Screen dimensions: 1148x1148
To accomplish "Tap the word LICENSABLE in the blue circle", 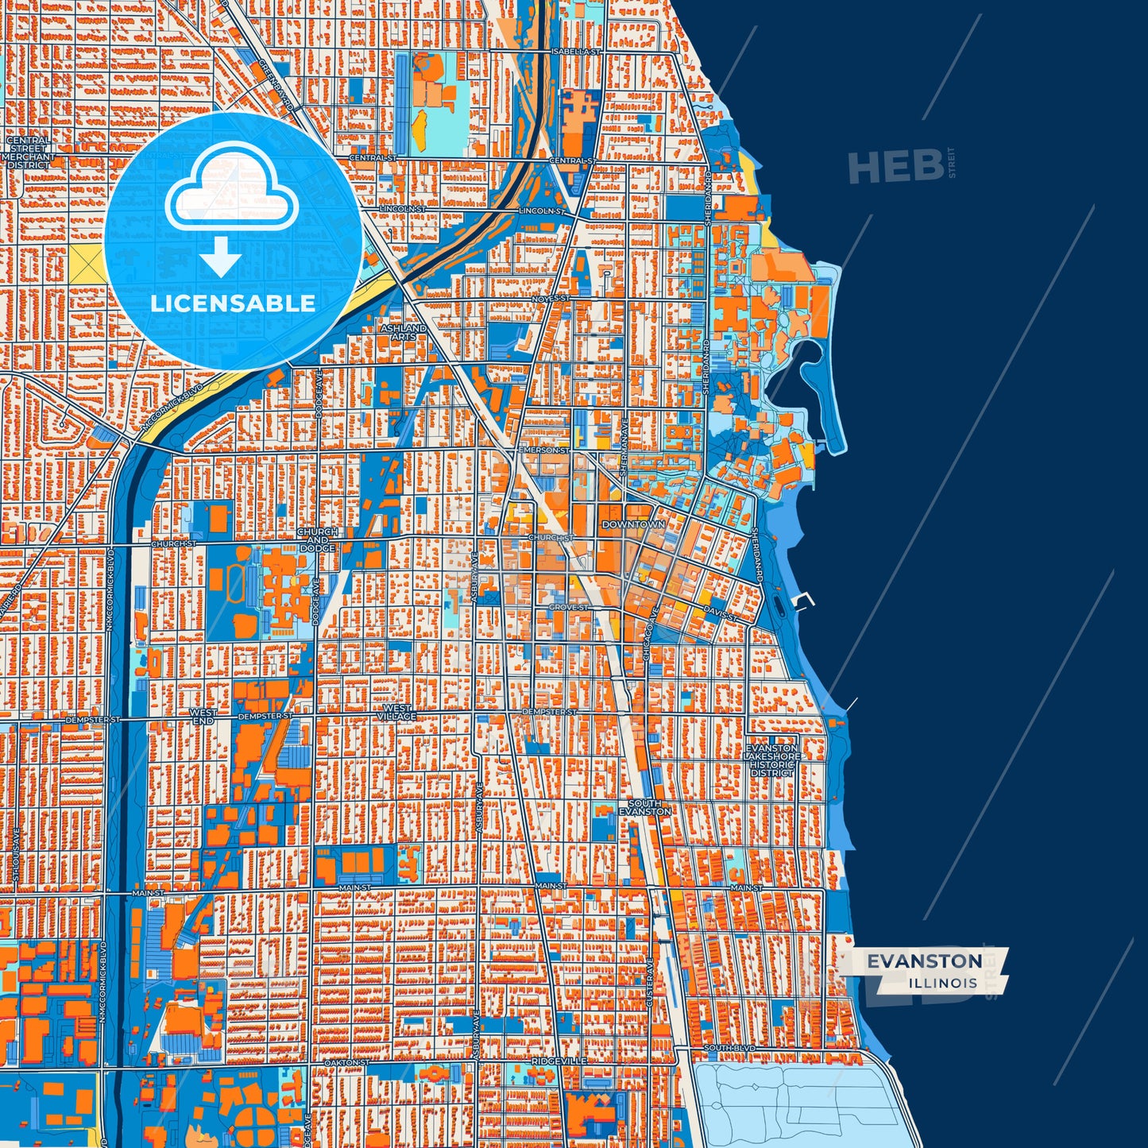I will [x=233, y=303].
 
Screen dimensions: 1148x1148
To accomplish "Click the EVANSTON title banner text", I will [x=924, y=961].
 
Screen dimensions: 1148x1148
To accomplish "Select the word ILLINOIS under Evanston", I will [x=943, y=984].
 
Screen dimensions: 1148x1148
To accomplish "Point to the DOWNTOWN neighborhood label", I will [x=633, y=524].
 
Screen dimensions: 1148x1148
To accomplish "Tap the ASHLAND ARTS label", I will [x=403, y=332].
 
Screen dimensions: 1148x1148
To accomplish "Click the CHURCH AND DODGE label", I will [x=317, y=539].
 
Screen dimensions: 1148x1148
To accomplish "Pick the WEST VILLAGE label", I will [x=396, y=713].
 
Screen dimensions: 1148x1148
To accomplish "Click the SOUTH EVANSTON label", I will [x=644, y=808].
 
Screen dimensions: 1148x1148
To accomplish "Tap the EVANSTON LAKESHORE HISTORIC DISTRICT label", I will [x=772, y=760].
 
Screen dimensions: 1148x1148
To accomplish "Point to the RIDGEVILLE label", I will [x=559, y=1061].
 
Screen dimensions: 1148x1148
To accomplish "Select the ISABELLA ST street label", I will [x=577, y=51].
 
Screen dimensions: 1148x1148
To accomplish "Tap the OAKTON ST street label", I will [x=346, y=1062].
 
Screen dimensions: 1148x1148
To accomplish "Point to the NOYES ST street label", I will [x=551, y=299].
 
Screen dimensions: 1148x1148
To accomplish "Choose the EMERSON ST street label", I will [x=543, y=450].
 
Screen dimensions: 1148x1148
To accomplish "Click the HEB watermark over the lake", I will [x=895, y=167].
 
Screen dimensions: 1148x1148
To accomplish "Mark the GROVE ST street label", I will [x=569, y=608].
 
